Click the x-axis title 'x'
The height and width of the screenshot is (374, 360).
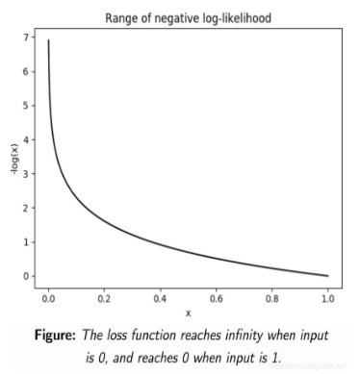[188, 312]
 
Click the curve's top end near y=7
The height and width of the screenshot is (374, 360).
[49, 41]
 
